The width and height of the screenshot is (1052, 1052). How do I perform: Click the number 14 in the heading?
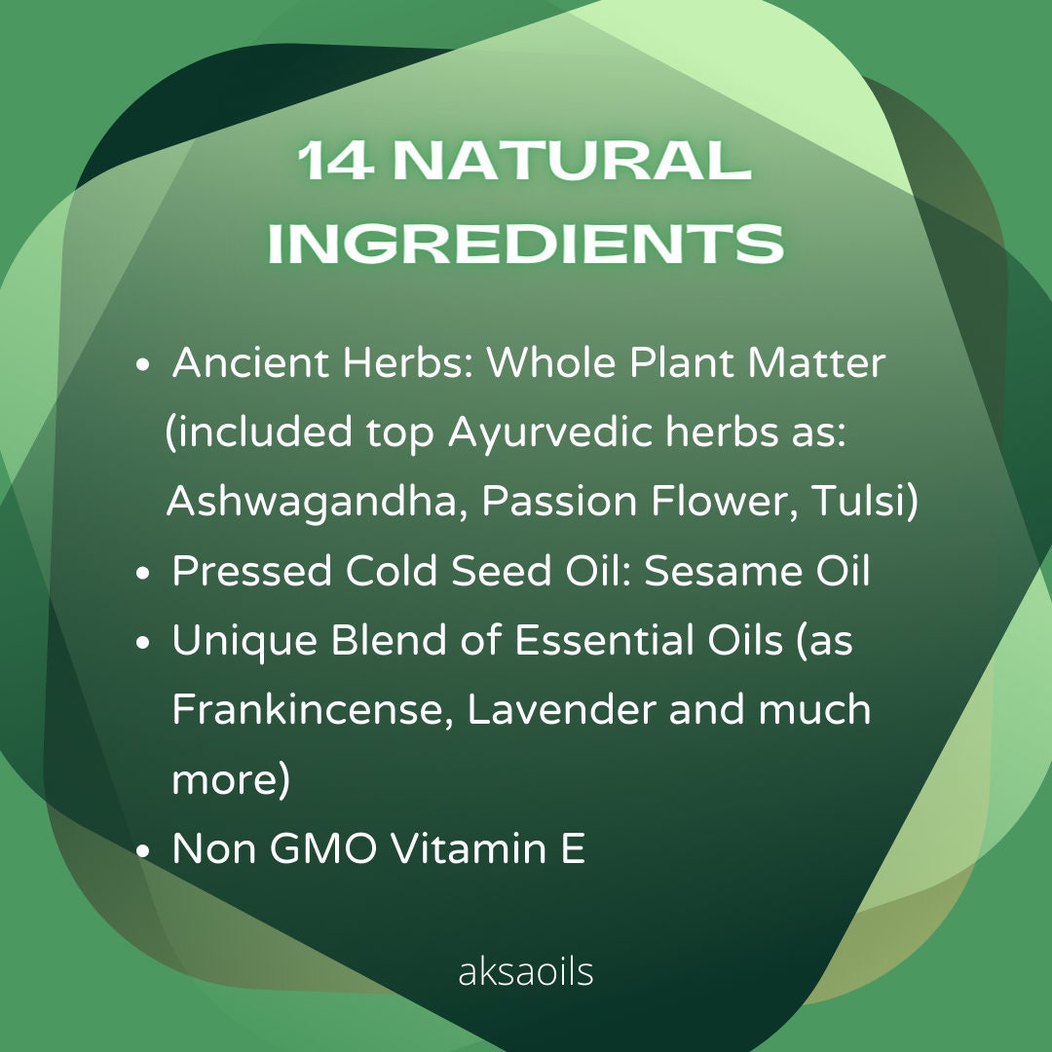click(335, 161)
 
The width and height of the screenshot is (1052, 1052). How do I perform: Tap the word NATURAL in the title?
click(572, 161)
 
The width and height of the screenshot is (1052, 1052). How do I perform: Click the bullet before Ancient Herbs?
click(142, 365)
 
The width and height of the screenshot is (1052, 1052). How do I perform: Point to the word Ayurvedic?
click(550, 433)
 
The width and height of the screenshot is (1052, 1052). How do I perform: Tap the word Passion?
click(559, 501)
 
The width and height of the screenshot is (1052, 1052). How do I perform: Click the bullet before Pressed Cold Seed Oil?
click(142, 573)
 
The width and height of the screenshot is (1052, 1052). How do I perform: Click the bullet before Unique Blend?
click(142, 642)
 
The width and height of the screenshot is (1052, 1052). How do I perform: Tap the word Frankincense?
click(314, 709)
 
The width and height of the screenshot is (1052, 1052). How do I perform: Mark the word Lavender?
click(562, 709)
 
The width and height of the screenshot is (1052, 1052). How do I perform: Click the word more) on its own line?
click(231, 780)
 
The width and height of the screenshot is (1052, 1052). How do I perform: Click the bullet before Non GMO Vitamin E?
click(142, 850)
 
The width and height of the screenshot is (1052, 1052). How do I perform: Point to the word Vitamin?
click(469, 847)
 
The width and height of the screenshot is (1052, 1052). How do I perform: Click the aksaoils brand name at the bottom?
click(525, 971)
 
